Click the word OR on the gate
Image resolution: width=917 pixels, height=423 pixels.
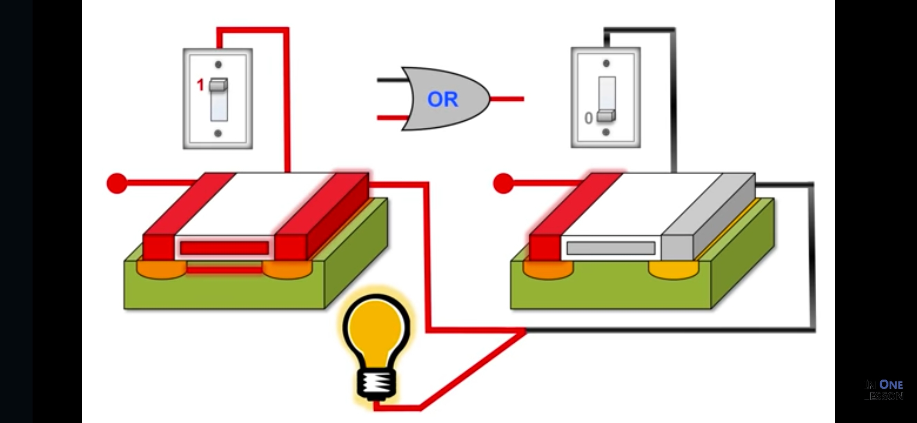pos(442,99)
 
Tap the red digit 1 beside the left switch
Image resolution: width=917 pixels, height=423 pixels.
pos(200,85)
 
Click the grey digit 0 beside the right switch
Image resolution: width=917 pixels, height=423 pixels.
pos(588,118)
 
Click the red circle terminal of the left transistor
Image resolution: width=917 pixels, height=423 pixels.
pos(117,183)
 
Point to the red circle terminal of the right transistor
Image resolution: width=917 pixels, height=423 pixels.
pos(504,183)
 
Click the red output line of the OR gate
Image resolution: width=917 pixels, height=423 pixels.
pos(507,99)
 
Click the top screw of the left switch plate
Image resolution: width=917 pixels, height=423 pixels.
pos(218,64)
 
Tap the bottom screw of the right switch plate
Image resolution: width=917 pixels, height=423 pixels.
pos(606,132)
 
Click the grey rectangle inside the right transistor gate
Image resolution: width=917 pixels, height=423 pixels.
pos(611,248)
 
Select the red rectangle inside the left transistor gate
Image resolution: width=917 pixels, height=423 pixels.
pos(224,248)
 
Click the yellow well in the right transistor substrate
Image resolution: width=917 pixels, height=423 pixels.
pos(673,269)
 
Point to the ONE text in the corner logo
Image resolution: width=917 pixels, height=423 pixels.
pos(891,385)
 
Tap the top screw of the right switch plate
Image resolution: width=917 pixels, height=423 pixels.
pos(606,63)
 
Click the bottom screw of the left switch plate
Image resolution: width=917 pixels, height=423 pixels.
pos(218,134)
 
